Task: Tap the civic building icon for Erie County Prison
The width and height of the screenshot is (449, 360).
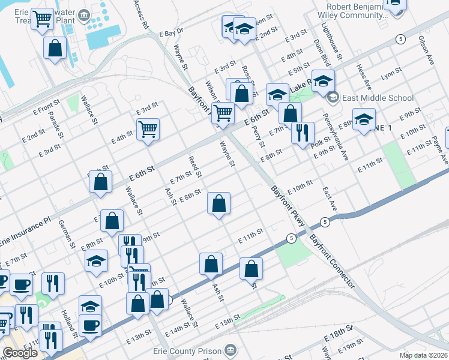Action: tap(230, 350)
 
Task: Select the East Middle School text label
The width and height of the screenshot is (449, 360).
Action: tap(378, 98)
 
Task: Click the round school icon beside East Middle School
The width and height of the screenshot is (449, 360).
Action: tap(333, 97)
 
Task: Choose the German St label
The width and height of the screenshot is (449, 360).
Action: tap(66, 233)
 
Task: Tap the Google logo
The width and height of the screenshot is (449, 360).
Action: tap(20, 353)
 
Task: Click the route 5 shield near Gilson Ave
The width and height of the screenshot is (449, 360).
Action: tap(399, 39)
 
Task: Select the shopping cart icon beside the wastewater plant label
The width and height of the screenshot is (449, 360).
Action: tap(42, 19)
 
